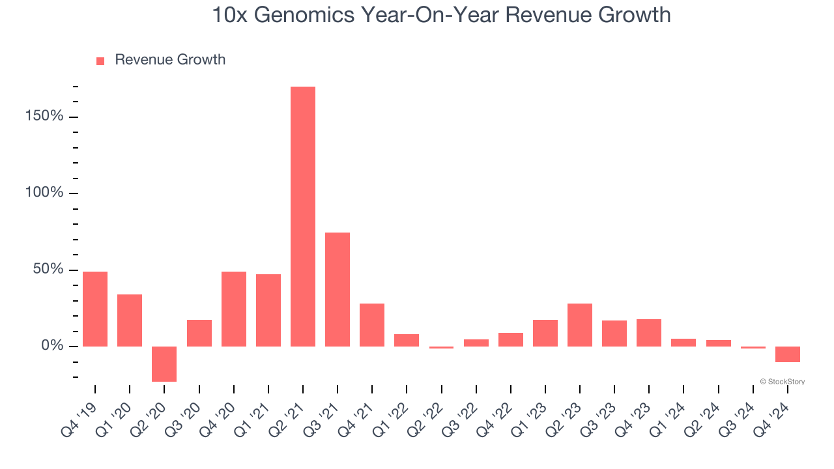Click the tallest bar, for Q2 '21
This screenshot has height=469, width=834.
(x=303, y=216)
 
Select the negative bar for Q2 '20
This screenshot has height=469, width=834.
(x=164, y=363)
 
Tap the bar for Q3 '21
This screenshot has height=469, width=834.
(x=338, y=289)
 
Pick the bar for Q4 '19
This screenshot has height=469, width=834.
(x=95, y=309)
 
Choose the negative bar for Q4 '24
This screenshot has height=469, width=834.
(x=788, y=354)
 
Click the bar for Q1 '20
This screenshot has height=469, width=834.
(x=130, y=320)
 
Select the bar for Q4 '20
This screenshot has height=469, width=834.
(x=234, y=309)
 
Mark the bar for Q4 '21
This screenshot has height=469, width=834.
(x=372, y=324)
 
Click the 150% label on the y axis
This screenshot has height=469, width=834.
(x=44, y=117)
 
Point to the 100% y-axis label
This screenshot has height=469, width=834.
(x=44, y=193)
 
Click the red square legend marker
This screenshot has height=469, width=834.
(x=100, y=61)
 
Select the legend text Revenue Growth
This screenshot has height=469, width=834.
(x=170, y=60)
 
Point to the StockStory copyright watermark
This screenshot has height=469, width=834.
(x=782, y=382)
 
